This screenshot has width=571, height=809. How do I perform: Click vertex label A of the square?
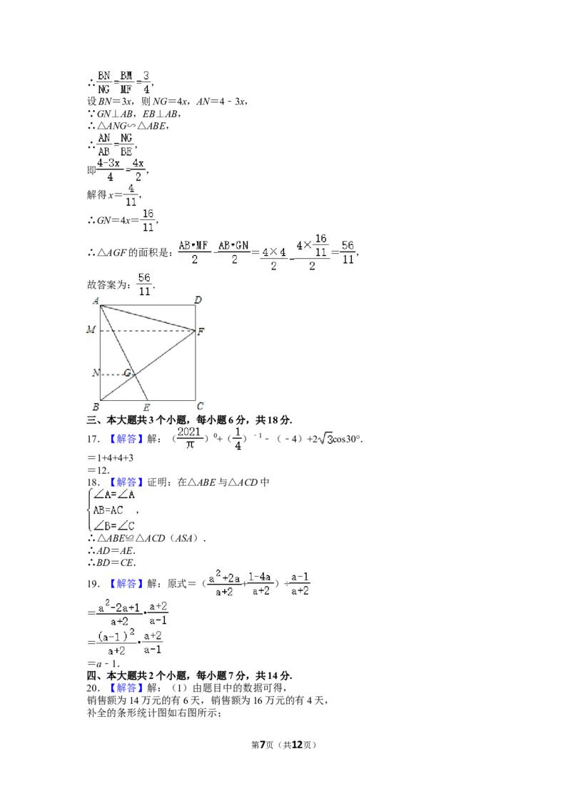point(96,301)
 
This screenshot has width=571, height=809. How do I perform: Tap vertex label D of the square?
point(198,299)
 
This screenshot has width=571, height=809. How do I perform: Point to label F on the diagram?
point(201,332)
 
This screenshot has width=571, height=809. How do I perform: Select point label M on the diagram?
point(91,329)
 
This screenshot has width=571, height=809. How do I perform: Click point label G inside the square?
point(127,372)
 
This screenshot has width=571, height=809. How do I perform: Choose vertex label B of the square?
point(96,407)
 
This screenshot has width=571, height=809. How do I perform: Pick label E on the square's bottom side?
point(147,407)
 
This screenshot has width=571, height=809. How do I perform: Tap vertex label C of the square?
point(200,406)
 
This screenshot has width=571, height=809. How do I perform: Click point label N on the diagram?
point(96,372)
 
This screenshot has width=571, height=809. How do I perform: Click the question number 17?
point(93,439)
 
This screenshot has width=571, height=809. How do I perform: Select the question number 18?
point(93,482)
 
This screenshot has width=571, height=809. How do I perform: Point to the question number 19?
point(93,584)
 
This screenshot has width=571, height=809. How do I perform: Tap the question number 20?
point(93,688)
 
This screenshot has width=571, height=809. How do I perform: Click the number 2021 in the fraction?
point(189,432)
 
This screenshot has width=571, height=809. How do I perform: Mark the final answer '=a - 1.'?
point(103,663)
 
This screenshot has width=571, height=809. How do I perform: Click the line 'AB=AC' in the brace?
point(108,510)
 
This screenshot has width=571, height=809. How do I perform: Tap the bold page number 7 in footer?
point(263,745)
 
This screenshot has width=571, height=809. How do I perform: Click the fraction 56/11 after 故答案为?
point(144,284)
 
